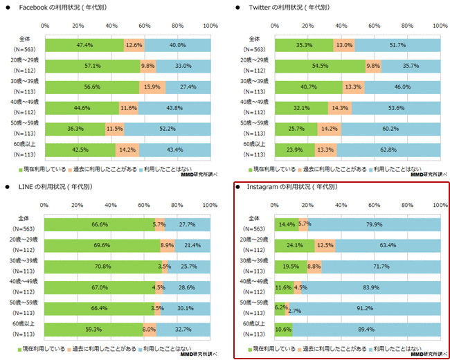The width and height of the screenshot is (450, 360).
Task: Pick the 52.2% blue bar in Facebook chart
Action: [x=168, y=128]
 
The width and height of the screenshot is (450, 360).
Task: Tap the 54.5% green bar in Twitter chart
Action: [x=320, y=66]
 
